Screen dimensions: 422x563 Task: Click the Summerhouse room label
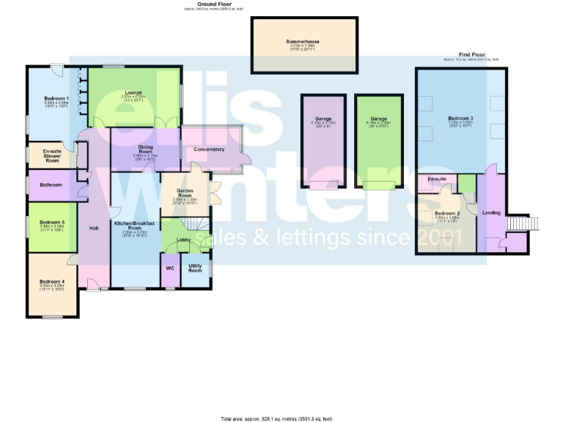click(x=303, y=42)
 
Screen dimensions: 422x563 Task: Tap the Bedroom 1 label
click(x=56, y=98)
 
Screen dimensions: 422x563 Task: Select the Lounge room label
click(x=133, y=93)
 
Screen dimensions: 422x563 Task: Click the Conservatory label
click(x=208, y=149)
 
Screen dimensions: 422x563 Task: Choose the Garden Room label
click(x=184, y=193)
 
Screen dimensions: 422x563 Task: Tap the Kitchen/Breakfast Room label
click(x=135, y=226)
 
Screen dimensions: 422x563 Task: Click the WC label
click(x=169, y=267)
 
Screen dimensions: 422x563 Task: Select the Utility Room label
click(x=195, y=268)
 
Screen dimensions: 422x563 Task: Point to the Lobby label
click(x=183, y=240)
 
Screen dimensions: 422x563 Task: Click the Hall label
click(x=94, y=229)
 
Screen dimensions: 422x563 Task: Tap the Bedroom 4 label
click(x=52, y=281)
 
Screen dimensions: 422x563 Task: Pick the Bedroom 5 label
click(x=52, y=222)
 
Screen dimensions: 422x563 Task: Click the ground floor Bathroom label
click(x=51, y=185)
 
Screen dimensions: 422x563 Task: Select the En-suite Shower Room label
click(x=51, y=155)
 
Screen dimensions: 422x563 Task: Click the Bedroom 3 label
click(x=461, y=118)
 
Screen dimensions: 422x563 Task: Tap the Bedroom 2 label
click(x=447, y=213)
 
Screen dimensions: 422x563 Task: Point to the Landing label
click(x=490, y=213)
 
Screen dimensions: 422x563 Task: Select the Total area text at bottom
click(x=276, y=418)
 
